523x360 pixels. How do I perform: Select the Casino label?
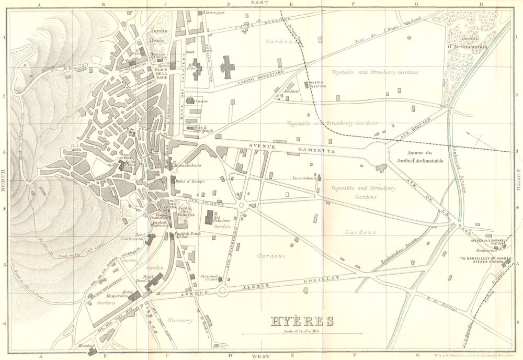pos(202,100)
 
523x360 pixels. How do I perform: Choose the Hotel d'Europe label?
pos(189,181)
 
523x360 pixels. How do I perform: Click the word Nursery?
pos(180,320)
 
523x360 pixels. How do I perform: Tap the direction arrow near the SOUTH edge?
pos(477,138)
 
